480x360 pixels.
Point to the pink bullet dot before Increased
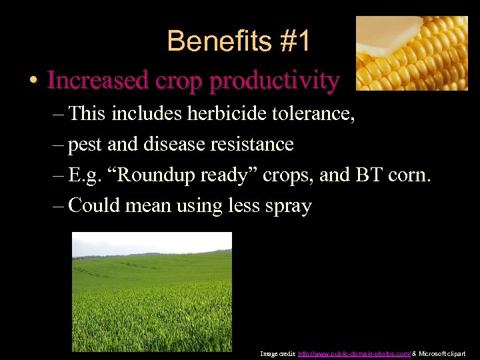click(33, 81)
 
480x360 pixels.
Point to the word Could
click(93, 205)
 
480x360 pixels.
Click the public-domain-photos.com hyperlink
click(354, 353)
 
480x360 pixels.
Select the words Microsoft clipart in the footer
click(442, 353)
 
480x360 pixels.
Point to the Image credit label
click(277, 353)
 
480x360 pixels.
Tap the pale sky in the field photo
click(151, 241)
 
